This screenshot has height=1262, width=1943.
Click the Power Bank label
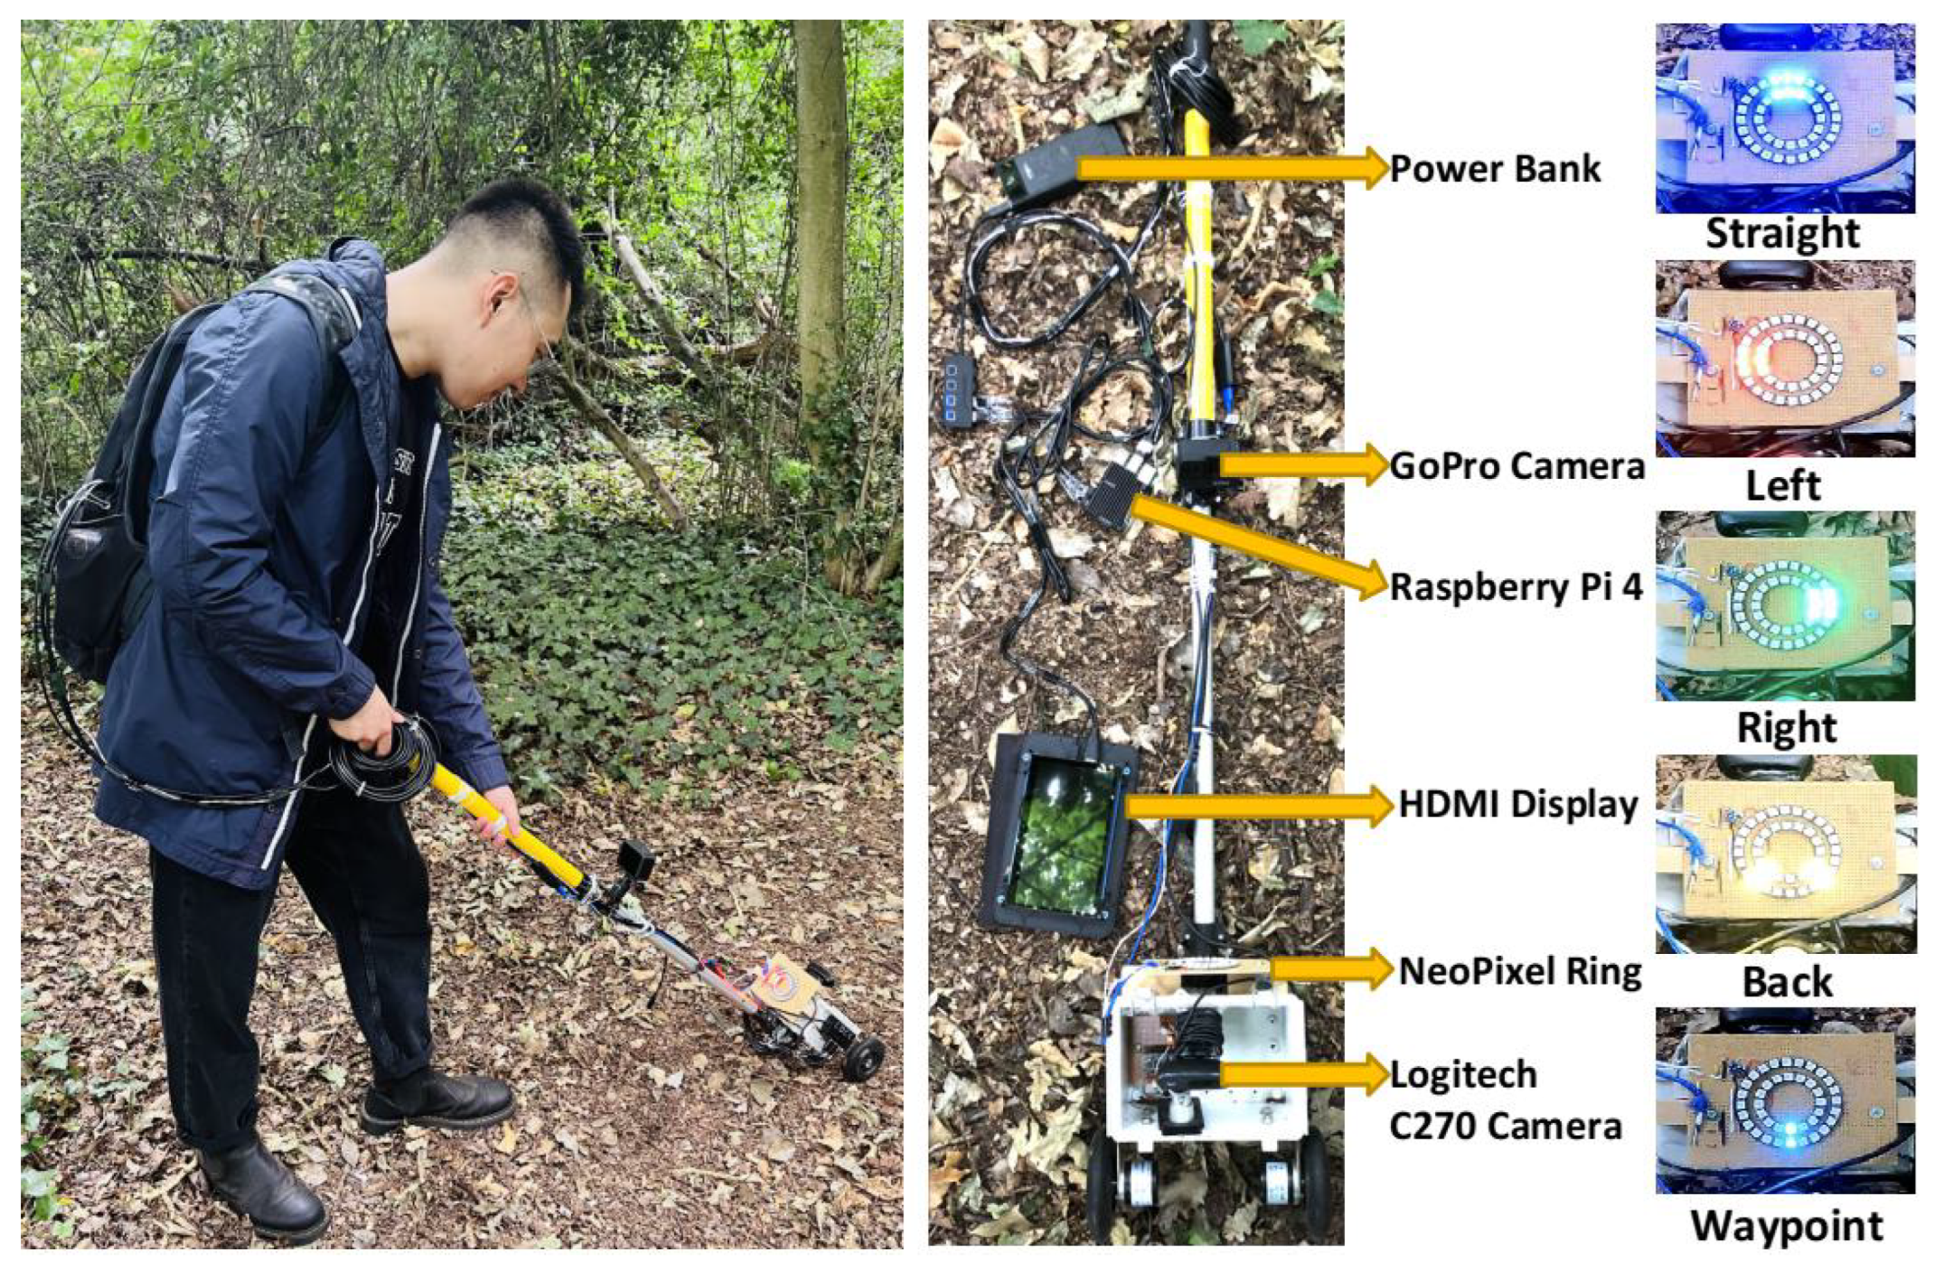1496,169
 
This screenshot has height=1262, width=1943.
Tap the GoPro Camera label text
1517,466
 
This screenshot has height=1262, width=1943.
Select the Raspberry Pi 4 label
1516,587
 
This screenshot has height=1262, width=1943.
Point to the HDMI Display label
1518,804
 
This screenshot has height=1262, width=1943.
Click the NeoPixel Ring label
1520,971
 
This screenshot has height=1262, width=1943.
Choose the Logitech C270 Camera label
1505,1100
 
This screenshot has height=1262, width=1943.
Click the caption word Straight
1782,234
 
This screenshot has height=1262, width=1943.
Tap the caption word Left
1782,486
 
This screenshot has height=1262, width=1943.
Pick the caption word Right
1786,728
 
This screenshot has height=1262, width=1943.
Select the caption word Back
1787,982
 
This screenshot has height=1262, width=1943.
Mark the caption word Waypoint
1787,1227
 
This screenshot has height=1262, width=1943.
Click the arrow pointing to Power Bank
1233,168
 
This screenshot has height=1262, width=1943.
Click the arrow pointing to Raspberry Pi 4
1257,547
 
